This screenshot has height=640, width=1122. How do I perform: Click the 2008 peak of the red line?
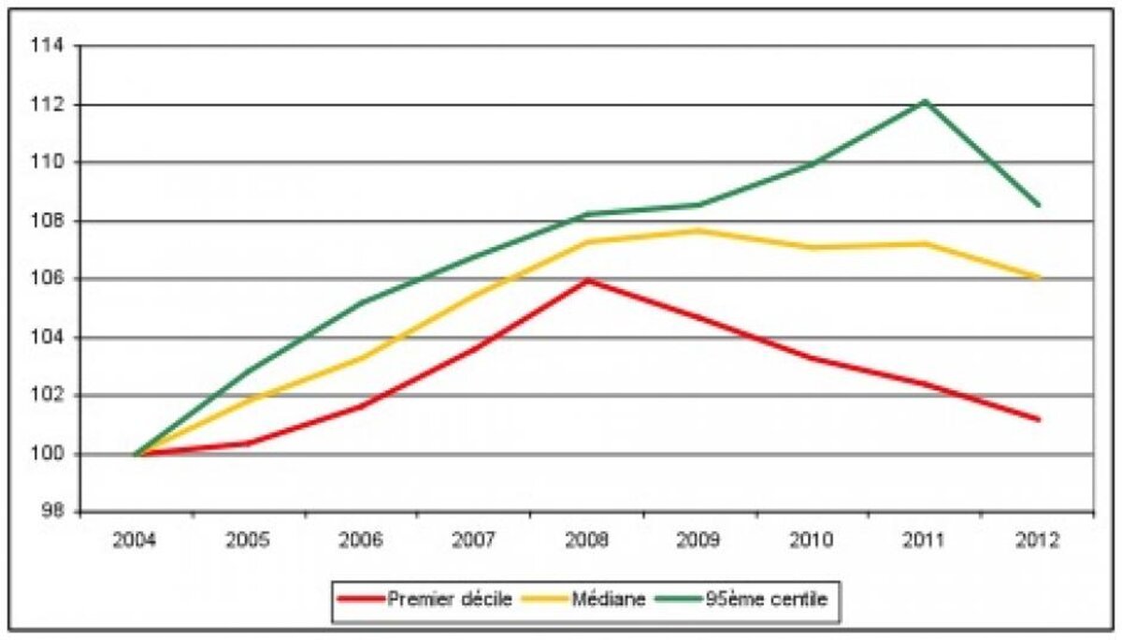coord(587,280)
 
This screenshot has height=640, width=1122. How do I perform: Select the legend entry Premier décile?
coord(426,599)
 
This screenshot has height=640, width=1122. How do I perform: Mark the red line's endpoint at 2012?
coord(1039,419)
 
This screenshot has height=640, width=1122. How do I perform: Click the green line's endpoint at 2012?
coord(1039,205)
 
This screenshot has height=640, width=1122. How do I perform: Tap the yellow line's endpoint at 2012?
coord(1039,278)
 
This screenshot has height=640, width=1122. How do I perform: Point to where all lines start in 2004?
coord(137,455)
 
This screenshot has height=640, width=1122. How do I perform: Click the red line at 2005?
coord(249,443)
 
